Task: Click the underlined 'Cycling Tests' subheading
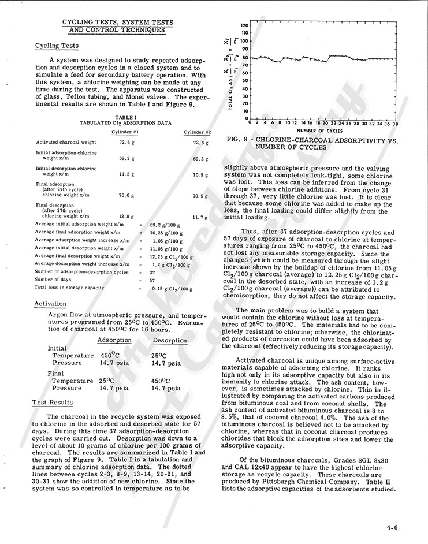pos(57,46)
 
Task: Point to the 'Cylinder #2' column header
pos(198,132)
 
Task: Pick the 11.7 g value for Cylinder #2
pos(199,217)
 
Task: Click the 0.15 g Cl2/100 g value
pos(168,287)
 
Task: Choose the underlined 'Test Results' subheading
pos(53,402)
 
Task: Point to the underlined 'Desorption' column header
pos(169,341)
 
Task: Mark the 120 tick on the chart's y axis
pos(244,25)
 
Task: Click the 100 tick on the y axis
pos(244,41)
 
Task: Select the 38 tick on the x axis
pos(395,123)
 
